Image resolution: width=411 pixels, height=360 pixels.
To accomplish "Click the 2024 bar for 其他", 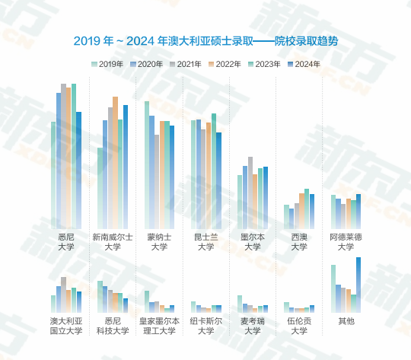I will click(358, 285).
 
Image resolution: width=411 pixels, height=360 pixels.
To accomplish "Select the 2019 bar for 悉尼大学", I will click(53, 174).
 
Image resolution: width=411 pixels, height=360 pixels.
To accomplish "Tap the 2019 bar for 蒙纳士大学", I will click(147, 164).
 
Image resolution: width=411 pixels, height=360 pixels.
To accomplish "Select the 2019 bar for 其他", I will click(333, 289).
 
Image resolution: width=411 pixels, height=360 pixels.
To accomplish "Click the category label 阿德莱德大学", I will click(346, 242).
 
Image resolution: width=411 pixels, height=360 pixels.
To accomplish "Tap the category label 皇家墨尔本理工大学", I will click(159, 326).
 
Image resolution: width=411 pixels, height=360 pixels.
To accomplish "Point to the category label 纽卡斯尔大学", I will click(206, 326).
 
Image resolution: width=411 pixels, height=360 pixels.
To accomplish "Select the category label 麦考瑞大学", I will click(253, 326).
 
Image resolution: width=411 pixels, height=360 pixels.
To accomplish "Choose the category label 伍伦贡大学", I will click(299, 326).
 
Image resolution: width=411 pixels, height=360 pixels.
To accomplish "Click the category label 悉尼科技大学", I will click(112, 326).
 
